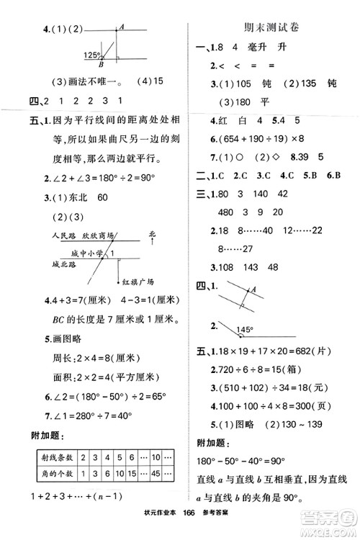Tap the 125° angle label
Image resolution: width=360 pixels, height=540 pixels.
pyautogui.click(x=92, y=55)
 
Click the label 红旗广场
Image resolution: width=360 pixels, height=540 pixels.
pyautogui.click(x=137, y=282)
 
